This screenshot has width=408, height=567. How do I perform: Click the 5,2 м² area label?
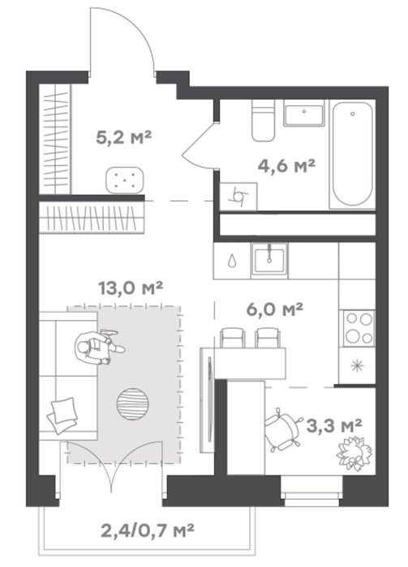point(123,138)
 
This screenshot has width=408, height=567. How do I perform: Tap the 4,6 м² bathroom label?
point(286,166)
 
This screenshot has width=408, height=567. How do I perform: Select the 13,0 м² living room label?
point(131,288)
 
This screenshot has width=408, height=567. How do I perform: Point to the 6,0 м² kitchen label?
point(274,309)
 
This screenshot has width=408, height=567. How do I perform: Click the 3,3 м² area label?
point(334,425)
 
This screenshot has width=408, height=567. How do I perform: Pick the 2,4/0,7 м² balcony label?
point(148,531)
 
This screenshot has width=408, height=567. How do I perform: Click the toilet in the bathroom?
point(263,121)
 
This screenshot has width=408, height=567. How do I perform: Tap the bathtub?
point(352,155)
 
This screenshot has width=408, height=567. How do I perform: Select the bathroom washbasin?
point(303,113)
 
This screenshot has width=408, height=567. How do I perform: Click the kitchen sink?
point(270,258)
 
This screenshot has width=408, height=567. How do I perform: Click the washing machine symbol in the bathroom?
point(238,197)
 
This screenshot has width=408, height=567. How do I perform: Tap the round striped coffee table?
point(133,404)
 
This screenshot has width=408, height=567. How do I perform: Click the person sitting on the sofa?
point(98,347)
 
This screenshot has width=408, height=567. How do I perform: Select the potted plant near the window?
point(354,452)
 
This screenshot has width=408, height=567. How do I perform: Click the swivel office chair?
point(283,429)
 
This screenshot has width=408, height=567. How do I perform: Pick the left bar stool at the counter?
point(233,338)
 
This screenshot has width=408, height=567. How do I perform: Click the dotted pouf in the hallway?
point(125,180)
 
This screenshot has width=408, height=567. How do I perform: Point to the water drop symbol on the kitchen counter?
point(231,260)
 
